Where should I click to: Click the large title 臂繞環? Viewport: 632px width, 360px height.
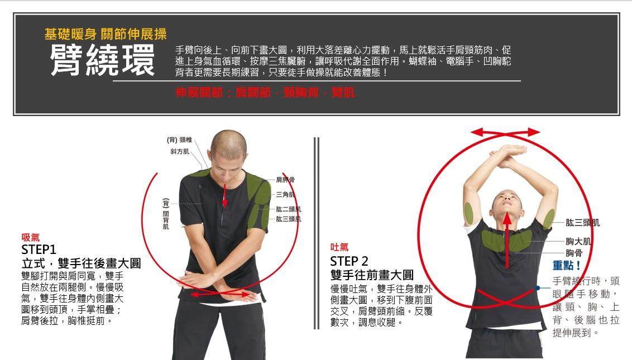point(102,61)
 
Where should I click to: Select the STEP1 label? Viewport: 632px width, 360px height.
point(40,249)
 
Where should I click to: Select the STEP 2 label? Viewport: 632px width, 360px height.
point(349,261)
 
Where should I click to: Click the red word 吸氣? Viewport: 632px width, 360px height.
point(30,238)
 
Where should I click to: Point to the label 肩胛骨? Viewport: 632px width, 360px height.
point(285,180)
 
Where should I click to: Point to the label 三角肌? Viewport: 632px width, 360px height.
point(285,194)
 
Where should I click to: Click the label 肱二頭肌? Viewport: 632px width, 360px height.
point(289,209)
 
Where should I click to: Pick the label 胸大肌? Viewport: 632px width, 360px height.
point(578,241)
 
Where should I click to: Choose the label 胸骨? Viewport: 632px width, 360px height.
point(574,253)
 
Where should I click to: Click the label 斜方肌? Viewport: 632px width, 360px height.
point(179,151)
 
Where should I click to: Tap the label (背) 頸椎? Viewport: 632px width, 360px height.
point(179,140)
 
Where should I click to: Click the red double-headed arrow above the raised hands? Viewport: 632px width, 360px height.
point(506,132)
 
